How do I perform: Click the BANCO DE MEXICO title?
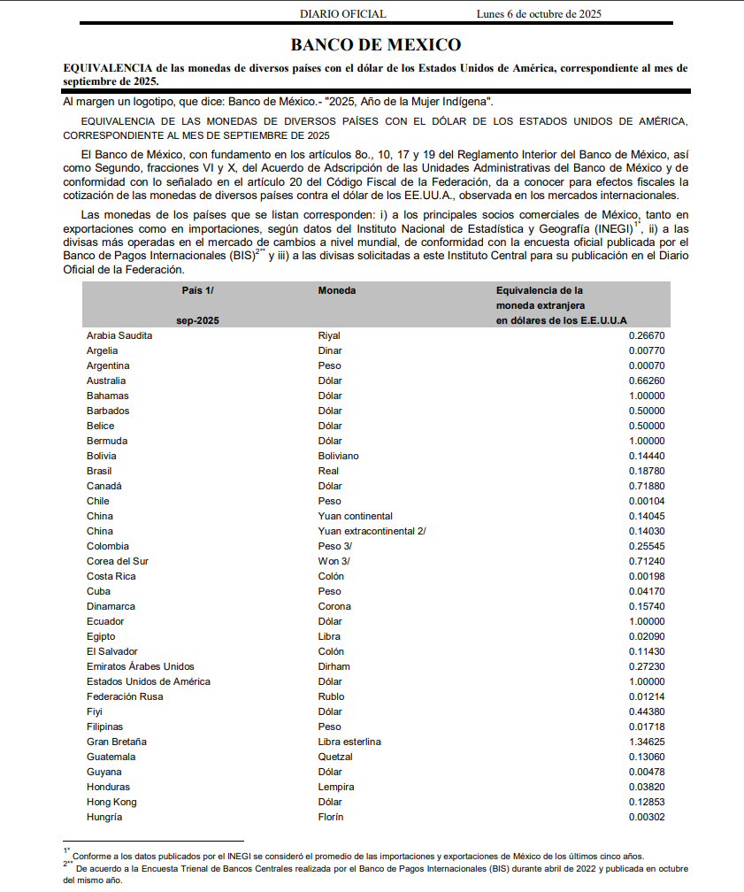pyautogui.click(x=376, y=45)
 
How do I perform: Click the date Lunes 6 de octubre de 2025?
pyautogui.click(x=539, y=14)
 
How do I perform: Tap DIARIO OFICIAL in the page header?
pyautogui.click(x=343, y=14)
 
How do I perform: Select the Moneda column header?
pyautogui.click(x=337, y=290)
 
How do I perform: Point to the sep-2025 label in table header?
pyautogui.click(x=197, y=320)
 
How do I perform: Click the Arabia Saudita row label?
pyautogui.click(x=119, y=335)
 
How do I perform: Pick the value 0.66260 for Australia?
pyautogui.click(x=647, y=381)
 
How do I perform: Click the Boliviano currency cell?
pyautogui.click(x=339, y=456)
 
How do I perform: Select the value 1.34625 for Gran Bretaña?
pyautogui.click(x=647, y=742)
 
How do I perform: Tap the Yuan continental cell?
pyautogui.click(x=356, y=516)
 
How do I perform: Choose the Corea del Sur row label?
pyautogui.click(x=118, y=561)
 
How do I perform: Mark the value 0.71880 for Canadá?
pyautogui.click(x=647, y=486)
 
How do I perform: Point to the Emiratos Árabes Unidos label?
pyautogui.click(x=141, y=666)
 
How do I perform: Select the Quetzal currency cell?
pyautogui.click(x=335, y=757)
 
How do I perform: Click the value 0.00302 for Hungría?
pyautogui.click(x=647, y=817)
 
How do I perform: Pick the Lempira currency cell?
pyautogui.click(x=336, y=787)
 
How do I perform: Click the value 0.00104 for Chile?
pyautogui.click(x=647, y=501)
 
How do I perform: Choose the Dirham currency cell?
pyautogui.click(x=334, y=666)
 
